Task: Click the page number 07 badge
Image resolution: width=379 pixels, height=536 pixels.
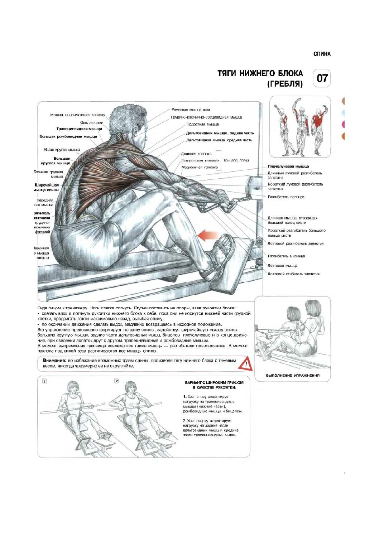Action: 322,78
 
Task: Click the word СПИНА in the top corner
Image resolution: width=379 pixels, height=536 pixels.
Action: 322,54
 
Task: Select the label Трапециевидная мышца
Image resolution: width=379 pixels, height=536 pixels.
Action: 79,129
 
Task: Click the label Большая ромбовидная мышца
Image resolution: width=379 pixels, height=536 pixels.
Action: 68,136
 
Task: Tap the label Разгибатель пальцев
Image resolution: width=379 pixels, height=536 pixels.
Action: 286,197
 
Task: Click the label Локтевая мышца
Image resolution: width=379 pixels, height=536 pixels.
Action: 282,266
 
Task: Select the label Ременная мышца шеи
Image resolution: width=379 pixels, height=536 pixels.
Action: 191,110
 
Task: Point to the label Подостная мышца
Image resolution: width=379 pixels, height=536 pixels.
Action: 202,124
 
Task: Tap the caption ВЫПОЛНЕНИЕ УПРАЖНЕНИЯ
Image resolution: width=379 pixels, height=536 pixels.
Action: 293,375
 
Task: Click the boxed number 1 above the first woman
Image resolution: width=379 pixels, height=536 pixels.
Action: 44,382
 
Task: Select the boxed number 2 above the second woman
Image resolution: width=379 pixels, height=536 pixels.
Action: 116,381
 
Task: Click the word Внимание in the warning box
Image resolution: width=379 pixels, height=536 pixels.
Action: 54,361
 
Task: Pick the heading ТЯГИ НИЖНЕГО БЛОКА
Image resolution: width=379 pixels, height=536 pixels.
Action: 260,73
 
